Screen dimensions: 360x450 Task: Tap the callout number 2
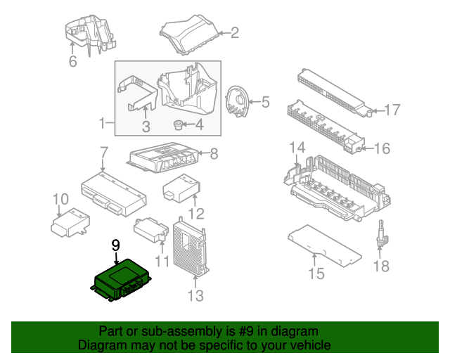234,32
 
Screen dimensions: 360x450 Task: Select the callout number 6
72,62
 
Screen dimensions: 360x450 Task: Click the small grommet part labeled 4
178,126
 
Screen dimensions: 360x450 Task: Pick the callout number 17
392,110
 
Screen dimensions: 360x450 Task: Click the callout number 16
382,148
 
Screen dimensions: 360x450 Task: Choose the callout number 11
162,262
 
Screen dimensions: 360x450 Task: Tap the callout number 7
103,152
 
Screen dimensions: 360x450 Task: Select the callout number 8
214,153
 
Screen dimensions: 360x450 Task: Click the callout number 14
297,148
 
